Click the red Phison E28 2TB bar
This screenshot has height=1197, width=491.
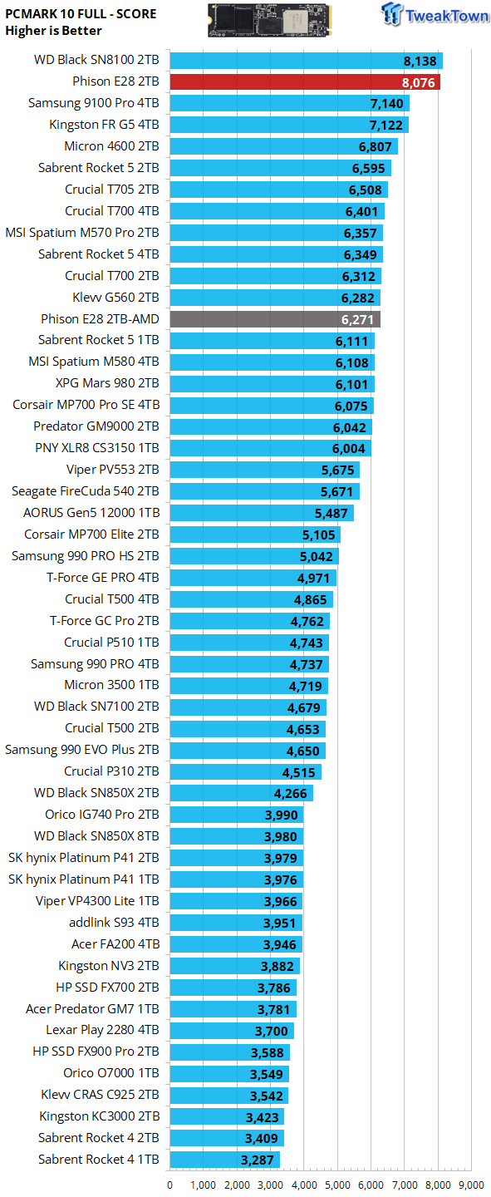click(x=305, y=81)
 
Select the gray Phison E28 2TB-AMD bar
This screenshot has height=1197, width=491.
click(x=275, y=319)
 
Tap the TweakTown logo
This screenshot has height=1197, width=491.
click(x=435, y=14)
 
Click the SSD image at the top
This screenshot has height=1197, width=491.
click(x=270, y=20)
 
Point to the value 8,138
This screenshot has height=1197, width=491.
click(x=420, y=62)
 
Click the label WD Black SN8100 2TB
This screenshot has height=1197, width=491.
click(x=96, y=60)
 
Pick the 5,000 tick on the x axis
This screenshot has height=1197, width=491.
click(x=337, y=1185)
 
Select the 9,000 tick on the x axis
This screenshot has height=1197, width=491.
click(x=472, y=1185)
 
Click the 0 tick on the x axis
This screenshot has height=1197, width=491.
click(x=170, y=1185)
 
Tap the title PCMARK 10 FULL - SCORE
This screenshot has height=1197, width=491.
click(x=81, y=14)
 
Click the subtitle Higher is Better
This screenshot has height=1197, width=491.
click(x=53, y=31)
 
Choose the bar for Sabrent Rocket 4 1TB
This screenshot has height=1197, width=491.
click(x=225, y=1160)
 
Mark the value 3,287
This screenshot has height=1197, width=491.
click(x=257, y=1160)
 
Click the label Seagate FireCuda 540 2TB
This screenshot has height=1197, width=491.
click(x=86, y=491)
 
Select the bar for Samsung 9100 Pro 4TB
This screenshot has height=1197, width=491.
click(x=290, y=103)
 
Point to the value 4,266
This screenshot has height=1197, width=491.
click(x=291, y=794)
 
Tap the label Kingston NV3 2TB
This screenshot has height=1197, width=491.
click(x=109, y=966)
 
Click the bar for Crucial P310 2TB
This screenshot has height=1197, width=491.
click(x=246, y=771)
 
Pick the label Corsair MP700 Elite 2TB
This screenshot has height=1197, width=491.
click(x=91, y=534)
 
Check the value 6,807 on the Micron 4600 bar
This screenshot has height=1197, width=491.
click(x=375, y=147)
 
